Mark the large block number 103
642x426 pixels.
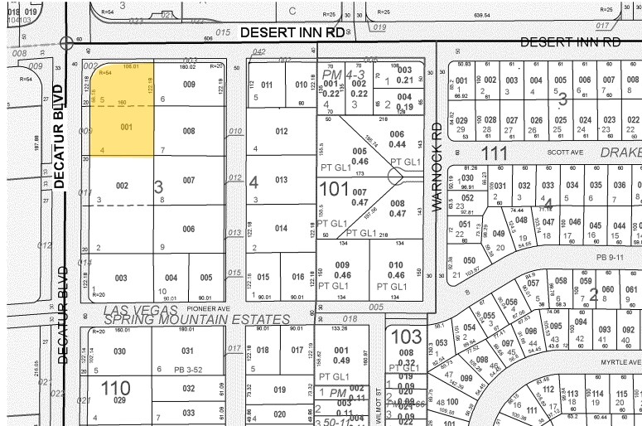point(406,336)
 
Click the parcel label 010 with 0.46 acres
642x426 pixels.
point(395,269)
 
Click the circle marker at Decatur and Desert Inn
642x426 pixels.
point(65,41)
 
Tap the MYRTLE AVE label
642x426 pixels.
point(621,362)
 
